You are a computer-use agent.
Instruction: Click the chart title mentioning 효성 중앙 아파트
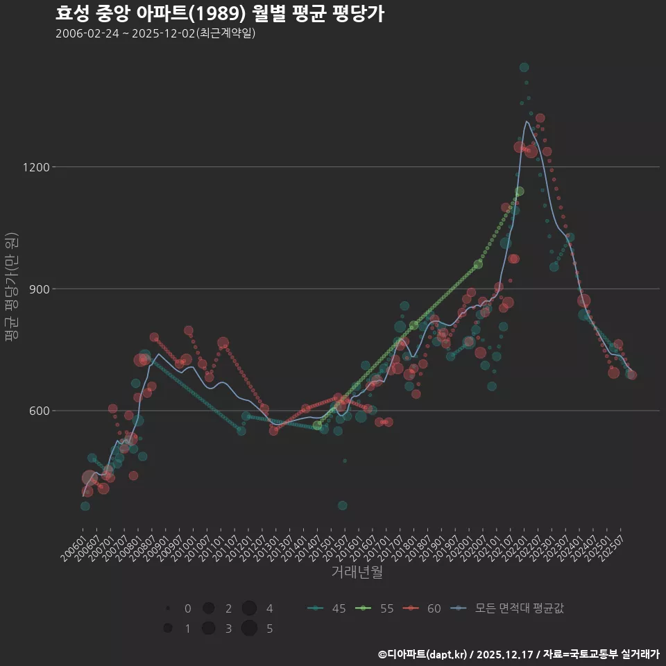point(219,14)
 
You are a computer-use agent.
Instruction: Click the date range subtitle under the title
point(155,33)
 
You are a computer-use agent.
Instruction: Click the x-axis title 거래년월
point(357,572)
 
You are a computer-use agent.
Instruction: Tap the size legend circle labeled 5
point(250,629)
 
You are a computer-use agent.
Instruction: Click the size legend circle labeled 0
point(168,608)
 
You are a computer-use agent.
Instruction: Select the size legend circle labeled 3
point(208,629)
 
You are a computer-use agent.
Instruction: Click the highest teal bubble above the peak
point(524,67)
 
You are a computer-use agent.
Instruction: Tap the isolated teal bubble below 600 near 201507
point(342,505)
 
